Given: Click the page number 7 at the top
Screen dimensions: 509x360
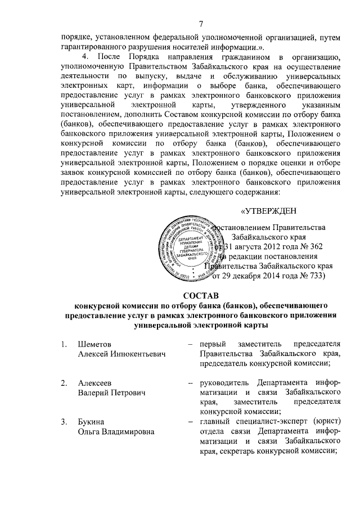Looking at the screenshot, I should click(x=200, y=24).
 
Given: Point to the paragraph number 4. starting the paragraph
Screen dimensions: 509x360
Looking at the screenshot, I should click(x=85, y=57).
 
